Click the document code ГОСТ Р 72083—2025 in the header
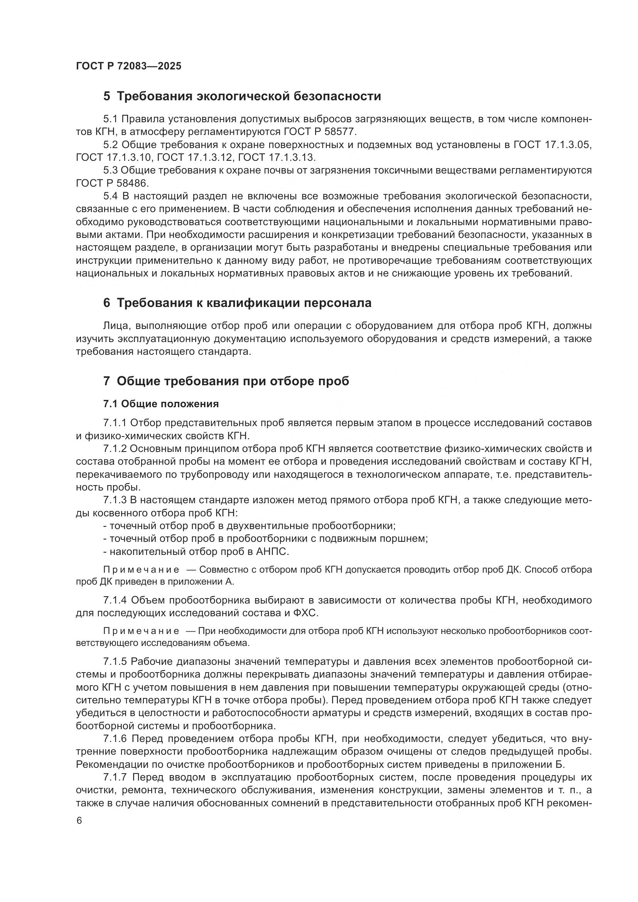(x=128, y=66)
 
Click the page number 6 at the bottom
(x=79, y=821)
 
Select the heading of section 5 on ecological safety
(x=242, y=96)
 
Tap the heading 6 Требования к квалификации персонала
(x=237, y=303)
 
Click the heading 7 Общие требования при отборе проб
(x=226, y=381)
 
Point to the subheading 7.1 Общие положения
(x=161, y=404)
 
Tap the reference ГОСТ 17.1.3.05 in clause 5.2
(x=552, y=145)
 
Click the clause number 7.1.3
(x=115, y=500)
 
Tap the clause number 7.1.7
(x=115, y=777)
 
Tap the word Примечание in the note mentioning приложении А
(x=141, y=570)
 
